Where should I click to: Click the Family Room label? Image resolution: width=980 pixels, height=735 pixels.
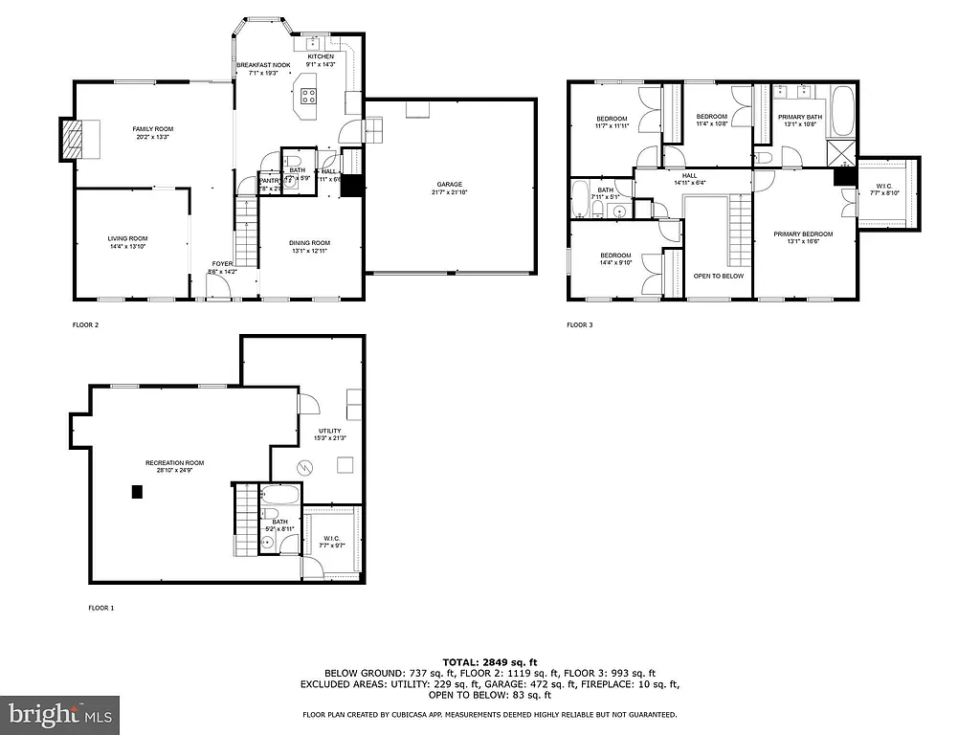pyautogui.click(x=152, y=128)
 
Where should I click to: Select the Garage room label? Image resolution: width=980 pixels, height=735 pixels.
pyautogui.click(x=450, y=184)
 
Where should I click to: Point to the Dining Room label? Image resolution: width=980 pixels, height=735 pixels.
pyautogui.click(x=309, y=242)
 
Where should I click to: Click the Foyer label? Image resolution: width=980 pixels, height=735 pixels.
pyautogui.click(x=222, y=263)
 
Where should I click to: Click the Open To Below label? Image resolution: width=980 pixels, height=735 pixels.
pyautogui.click(x=718, y=276)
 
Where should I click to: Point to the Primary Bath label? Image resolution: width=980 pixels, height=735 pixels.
pyautogui.click(x=799, y=116)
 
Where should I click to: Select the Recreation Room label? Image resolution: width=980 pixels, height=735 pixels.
pyautogui.click(x=174, y=463)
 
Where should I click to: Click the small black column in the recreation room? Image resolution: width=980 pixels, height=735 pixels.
pyautogui.click(x=137, y=492)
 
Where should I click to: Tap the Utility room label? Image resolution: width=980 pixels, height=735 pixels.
pyautogui.click(x=328, y=431)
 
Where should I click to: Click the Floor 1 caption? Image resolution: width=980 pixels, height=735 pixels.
pyautogui.click(x=100, y=608)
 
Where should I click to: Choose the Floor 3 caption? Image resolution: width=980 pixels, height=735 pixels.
pyautogui.click(x=580, y=324)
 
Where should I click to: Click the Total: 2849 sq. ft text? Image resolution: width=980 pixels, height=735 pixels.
pyautogui.click(x=489, y=662)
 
